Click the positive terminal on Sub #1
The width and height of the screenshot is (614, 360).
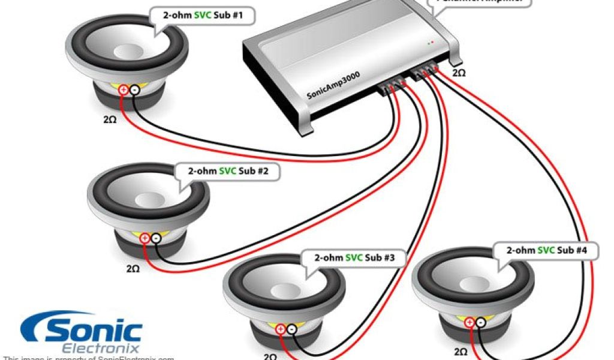(123, 90)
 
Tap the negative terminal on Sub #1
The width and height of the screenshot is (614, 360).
(134, 90)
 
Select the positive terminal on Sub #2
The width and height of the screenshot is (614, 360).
(145, 239)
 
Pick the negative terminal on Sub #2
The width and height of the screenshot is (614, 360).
(155, 239)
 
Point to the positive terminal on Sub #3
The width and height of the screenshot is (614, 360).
(280, 329)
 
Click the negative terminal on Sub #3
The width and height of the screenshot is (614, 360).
(291, 329)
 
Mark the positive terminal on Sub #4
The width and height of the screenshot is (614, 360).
(469, 323)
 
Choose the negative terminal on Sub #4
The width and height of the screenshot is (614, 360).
(480, 323)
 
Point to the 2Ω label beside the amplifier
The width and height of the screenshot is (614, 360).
(458, 73)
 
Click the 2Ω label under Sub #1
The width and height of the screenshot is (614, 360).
(110, 119)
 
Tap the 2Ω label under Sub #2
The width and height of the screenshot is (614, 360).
(133, 268)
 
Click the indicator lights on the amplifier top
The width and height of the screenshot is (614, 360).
(430, 43)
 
